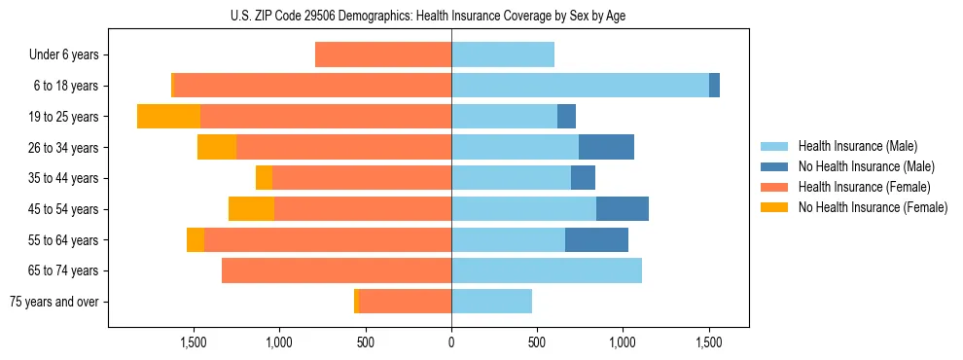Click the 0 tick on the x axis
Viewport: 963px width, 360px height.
[x=451, y=342]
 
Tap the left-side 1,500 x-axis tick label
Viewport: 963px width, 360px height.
[x=194, y=342]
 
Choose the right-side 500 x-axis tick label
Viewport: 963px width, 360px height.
[x=537, y=342]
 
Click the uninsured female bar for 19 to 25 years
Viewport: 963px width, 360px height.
[x=168, y=117]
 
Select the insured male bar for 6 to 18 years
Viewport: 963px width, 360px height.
[x=580, y=86]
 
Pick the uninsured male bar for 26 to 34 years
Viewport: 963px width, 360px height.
[x=606, y=147]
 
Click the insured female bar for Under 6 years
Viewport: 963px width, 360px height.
[x=383, y=54]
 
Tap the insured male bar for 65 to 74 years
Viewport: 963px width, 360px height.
[x=547, y=270]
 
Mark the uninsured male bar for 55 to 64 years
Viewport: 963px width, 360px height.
[x=596, y=239]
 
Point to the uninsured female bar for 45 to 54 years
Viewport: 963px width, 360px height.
[x=251, y=209]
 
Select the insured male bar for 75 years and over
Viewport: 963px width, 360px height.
[x=491, y=302]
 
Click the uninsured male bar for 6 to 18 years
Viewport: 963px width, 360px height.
[x=714, y=86]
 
